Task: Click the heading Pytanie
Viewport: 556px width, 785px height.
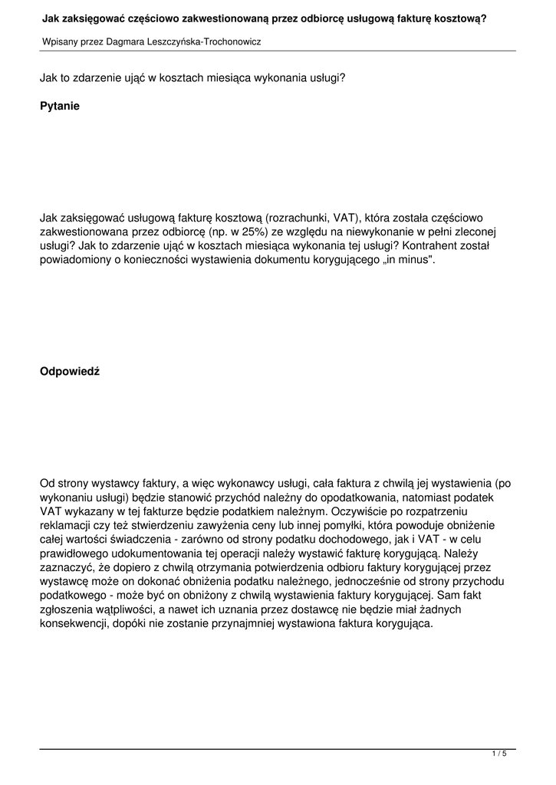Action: click(60, 107)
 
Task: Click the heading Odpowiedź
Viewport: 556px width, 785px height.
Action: click(70, 372)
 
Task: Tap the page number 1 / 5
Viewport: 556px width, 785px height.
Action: click(499, 754)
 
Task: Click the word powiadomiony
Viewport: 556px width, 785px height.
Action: click(75, 260)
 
